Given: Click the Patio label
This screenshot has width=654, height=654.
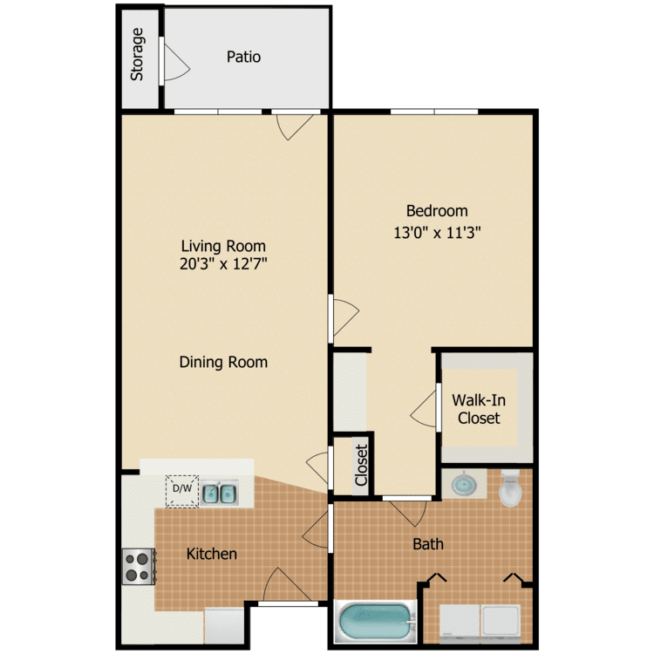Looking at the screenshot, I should pos(243,58).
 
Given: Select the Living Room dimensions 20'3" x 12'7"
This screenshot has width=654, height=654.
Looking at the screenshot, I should pos(223,264).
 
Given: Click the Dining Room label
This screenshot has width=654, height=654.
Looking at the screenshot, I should pos(223,362).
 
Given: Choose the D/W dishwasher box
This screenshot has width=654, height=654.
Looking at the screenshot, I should pos(182,490).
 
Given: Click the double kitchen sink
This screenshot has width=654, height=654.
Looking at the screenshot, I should pos(221,494).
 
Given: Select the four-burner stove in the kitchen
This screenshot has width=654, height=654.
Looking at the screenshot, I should pos(139,565).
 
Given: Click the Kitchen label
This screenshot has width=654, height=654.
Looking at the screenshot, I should pos(212,554).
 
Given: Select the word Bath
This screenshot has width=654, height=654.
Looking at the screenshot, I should pos(428,544).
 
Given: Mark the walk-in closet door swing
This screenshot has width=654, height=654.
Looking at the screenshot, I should pos(425,407).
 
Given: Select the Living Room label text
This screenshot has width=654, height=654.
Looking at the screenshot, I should pos(223,246).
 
